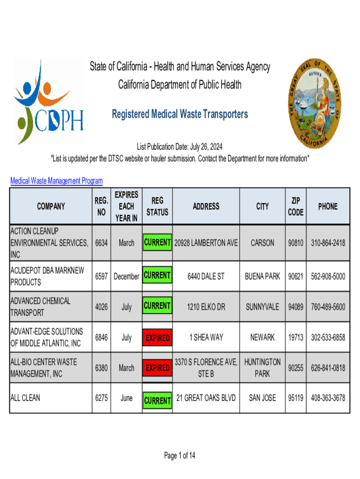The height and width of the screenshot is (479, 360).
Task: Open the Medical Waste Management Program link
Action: (57, 181)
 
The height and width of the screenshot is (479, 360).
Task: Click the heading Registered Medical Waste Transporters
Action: (180, 114)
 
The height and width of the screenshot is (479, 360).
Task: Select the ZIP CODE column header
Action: (295, 206)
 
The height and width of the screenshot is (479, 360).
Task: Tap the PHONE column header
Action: (327, 206)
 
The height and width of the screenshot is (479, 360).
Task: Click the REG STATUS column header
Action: (157, 206)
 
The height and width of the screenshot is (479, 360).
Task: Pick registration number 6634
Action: (101, 243)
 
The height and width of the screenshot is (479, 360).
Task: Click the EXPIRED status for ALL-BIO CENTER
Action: (158, 368)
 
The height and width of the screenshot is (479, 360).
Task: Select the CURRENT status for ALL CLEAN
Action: (158, 400)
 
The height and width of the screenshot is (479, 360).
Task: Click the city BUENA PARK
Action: (263, 276)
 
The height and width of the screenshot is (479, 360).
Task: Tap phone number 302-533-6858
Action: (328, 337)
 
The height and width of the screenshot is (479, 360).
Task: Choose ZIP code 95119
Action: (295, 398)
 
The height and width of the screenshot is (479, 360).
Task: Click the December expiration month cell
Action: (127, 276)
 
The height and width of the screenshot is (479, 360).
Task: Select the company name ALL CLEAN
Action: (25, 398)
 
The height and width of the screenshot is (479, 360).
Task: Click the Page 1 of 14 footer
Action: (180, 456)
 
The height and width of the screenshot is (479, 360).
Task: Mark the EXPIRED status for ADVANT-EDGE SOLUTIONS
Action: (158, 338)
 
